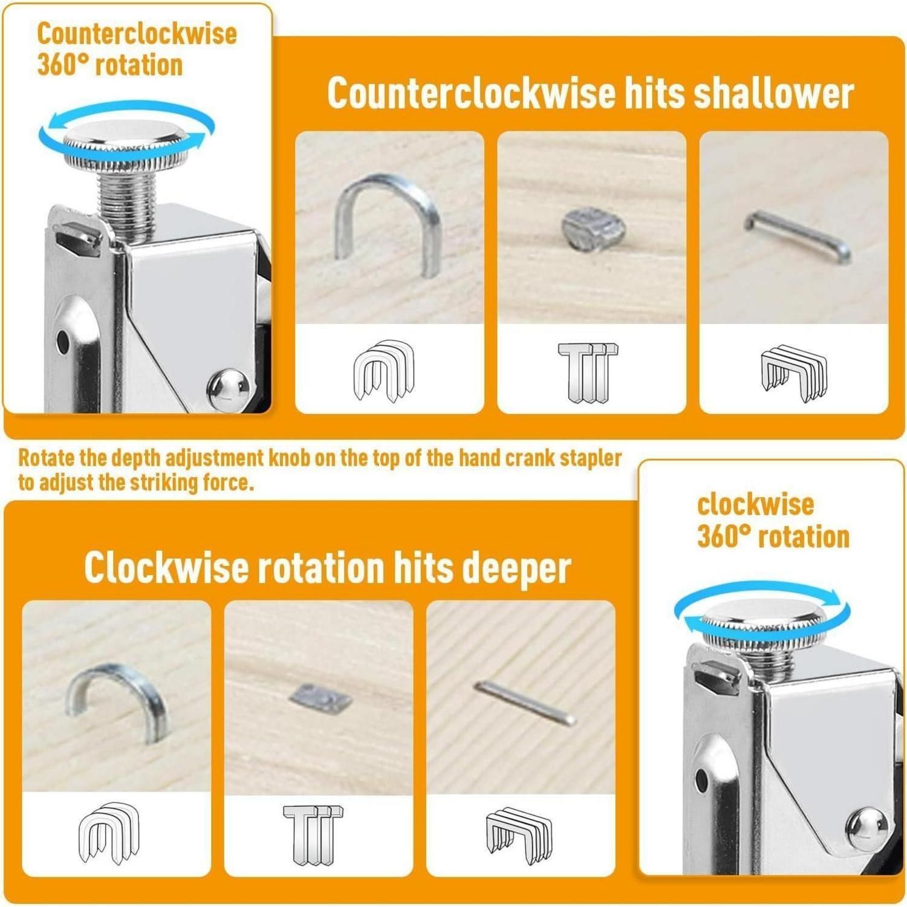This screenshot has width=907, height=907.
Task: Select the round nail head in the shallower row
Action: pos(592,228)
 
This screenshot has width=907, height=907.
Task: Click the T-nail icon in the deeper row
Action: pos(313,834)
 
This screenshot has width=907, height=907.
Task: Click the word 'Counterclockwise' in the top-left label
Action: pos(137,33)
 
